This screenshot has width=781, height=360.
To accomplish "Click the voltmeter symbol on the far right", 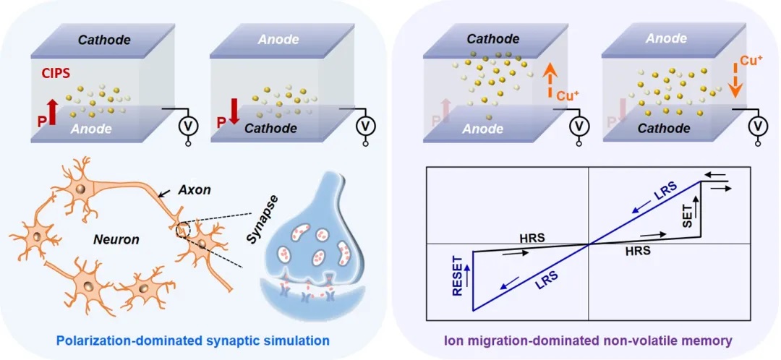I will click(758, 127).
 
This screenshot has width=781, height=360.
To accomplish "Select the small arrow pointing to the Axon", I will click(166, 192).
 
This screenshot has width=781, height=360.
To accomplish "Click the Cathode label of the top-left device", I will click(105, 39).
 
